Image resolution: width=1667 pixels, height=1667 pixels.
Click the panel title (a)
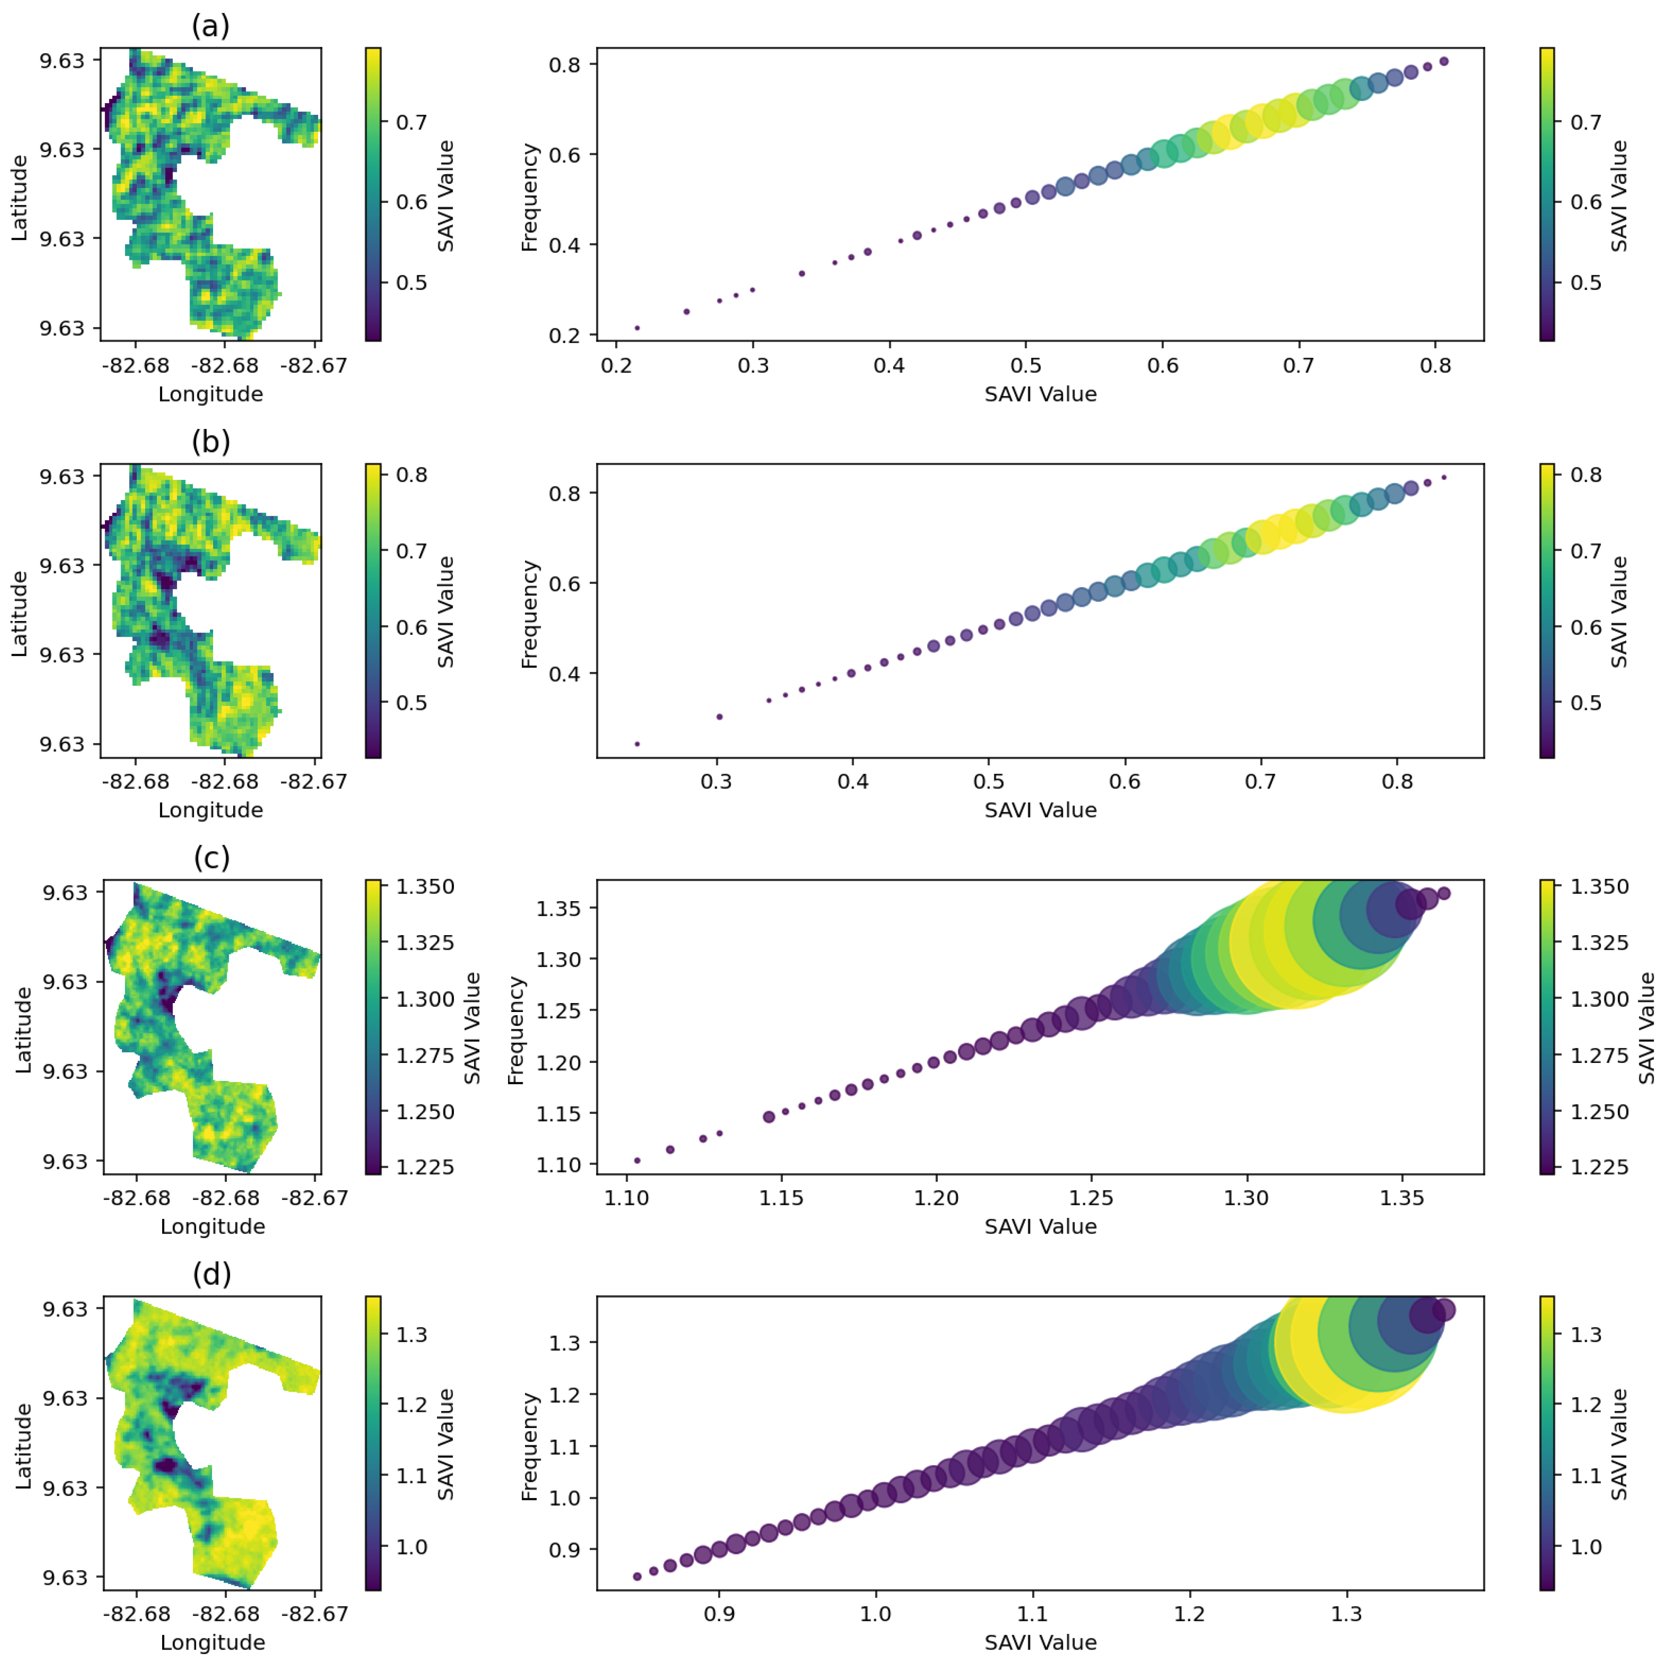point(210,26)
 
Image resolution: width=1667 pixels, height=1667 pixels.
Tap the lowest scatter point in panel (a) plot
point(637,328)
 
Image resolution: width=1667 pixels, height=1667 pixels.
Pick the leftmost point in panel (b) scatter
point(637,744)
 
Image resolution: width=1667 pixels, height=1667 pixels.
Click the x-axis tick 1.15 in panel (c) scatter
point(782,1198)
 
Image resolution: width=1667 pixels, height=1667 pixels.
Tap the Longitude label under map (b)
point(210,810)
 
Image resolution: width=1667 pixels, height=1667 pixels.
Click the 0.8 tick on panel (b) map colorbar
point(412,474)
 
